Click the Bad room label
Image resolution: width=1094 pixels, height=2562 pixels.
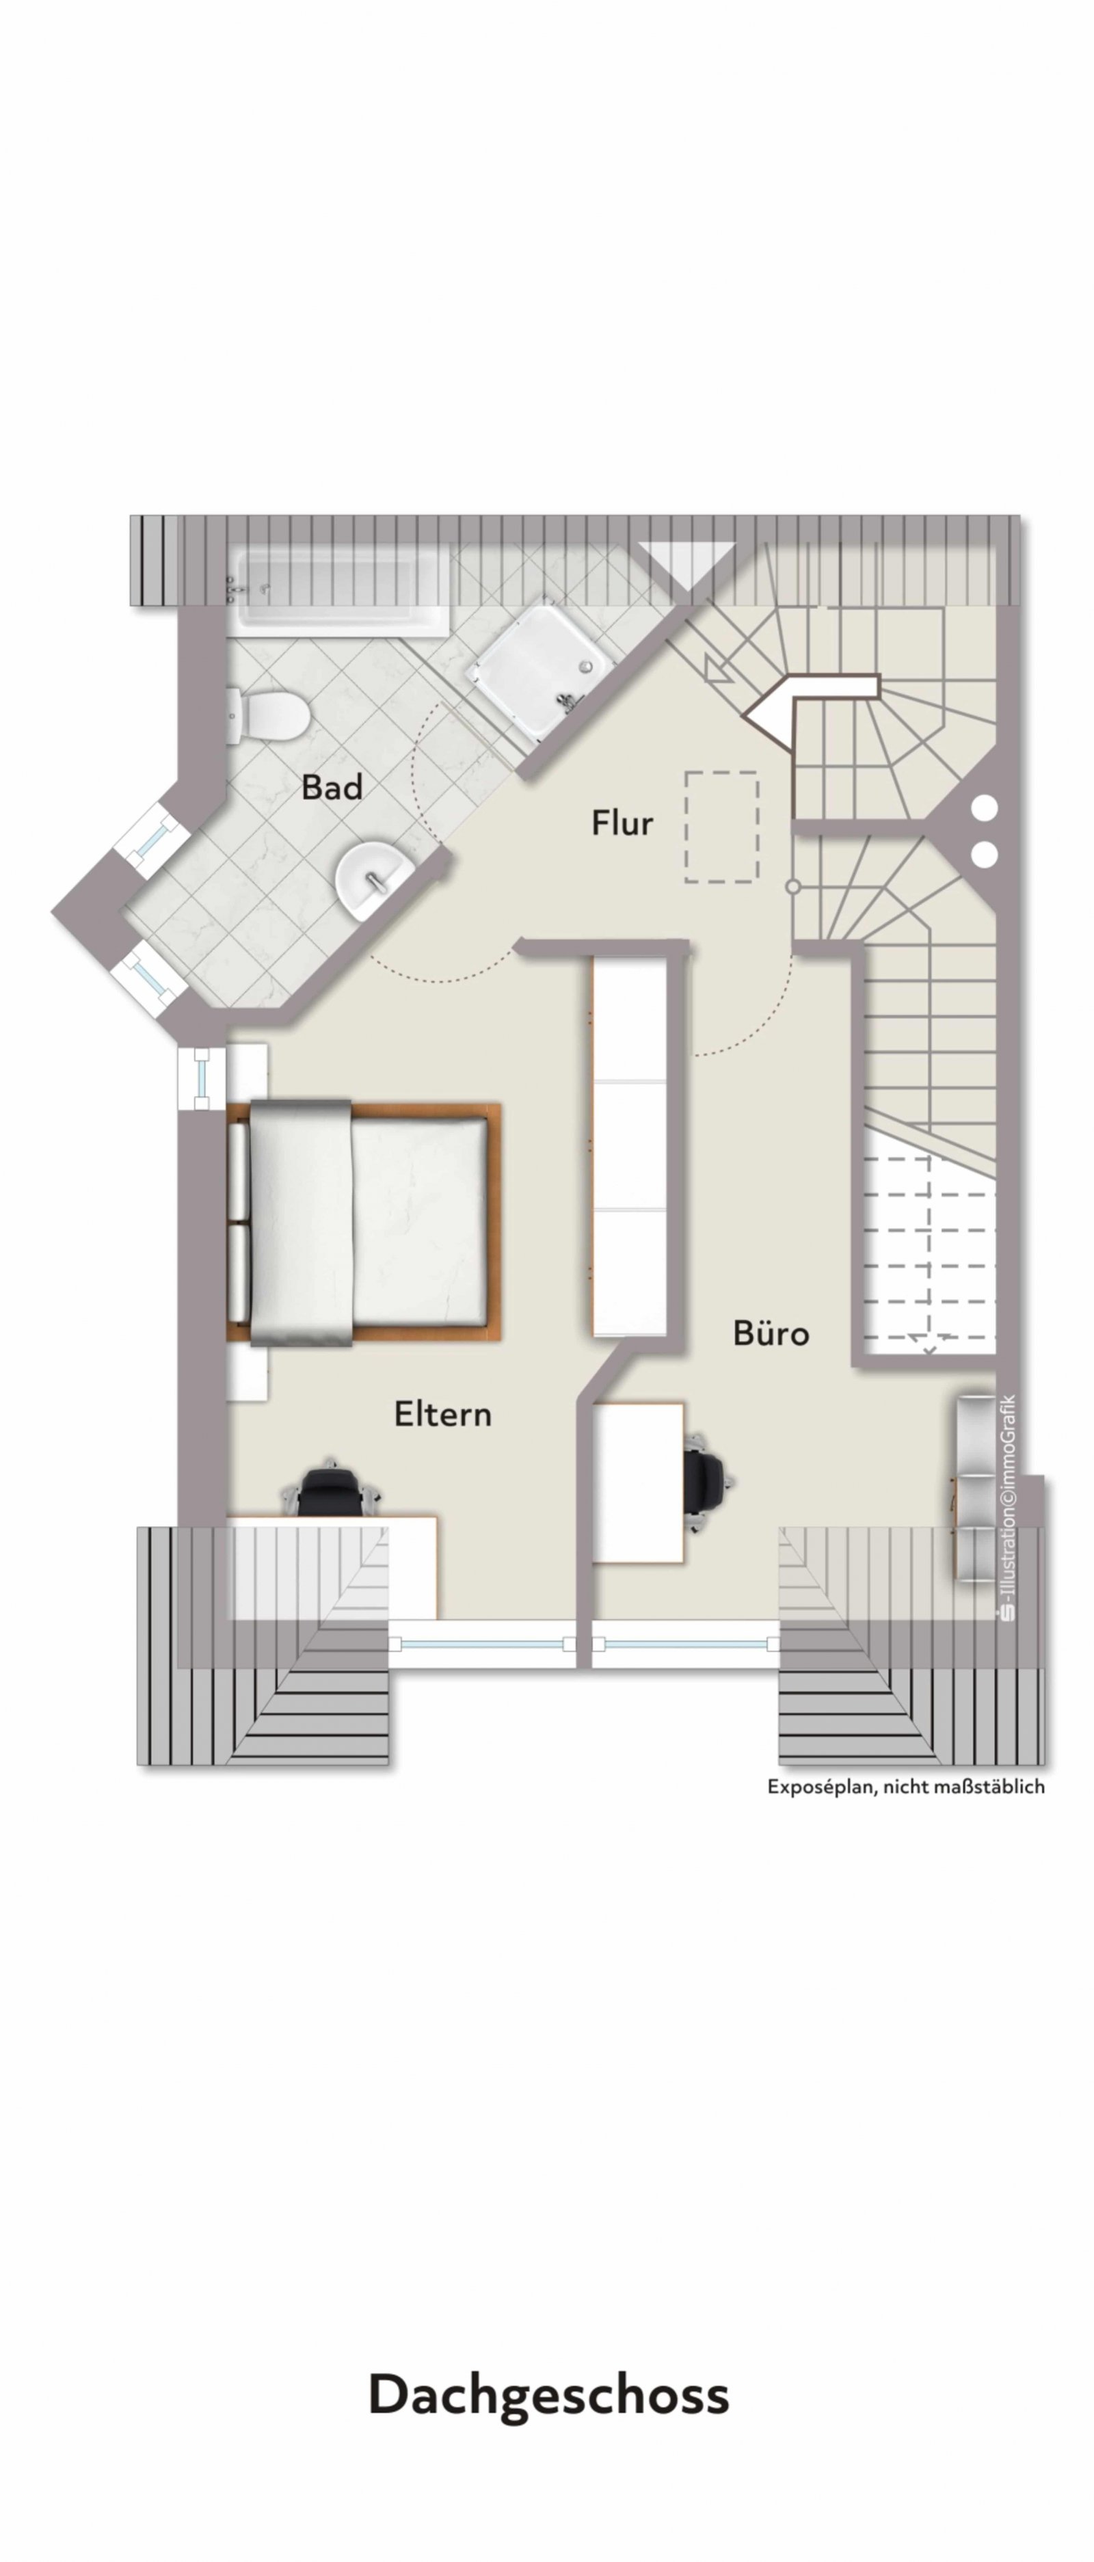[332, 788]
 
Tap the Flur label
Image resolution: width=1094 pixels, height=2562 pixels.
[623, 823]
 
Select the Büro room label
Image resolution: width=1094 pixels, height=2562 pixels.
[771, 1333]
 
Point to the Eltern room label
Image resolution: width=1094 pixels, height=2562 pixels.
[442, 1413]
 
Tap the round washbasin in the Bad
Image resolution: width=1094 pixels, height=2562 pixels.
[372, 879]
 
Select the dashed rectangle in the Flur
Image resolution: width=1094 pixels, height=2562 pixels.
[722, 827]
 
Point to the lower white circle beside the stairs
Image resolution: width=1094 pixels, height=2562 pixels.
[984, 853]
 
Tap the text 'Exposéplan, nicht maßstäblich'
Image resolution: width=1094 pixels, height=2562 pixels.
[905, 1786]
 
